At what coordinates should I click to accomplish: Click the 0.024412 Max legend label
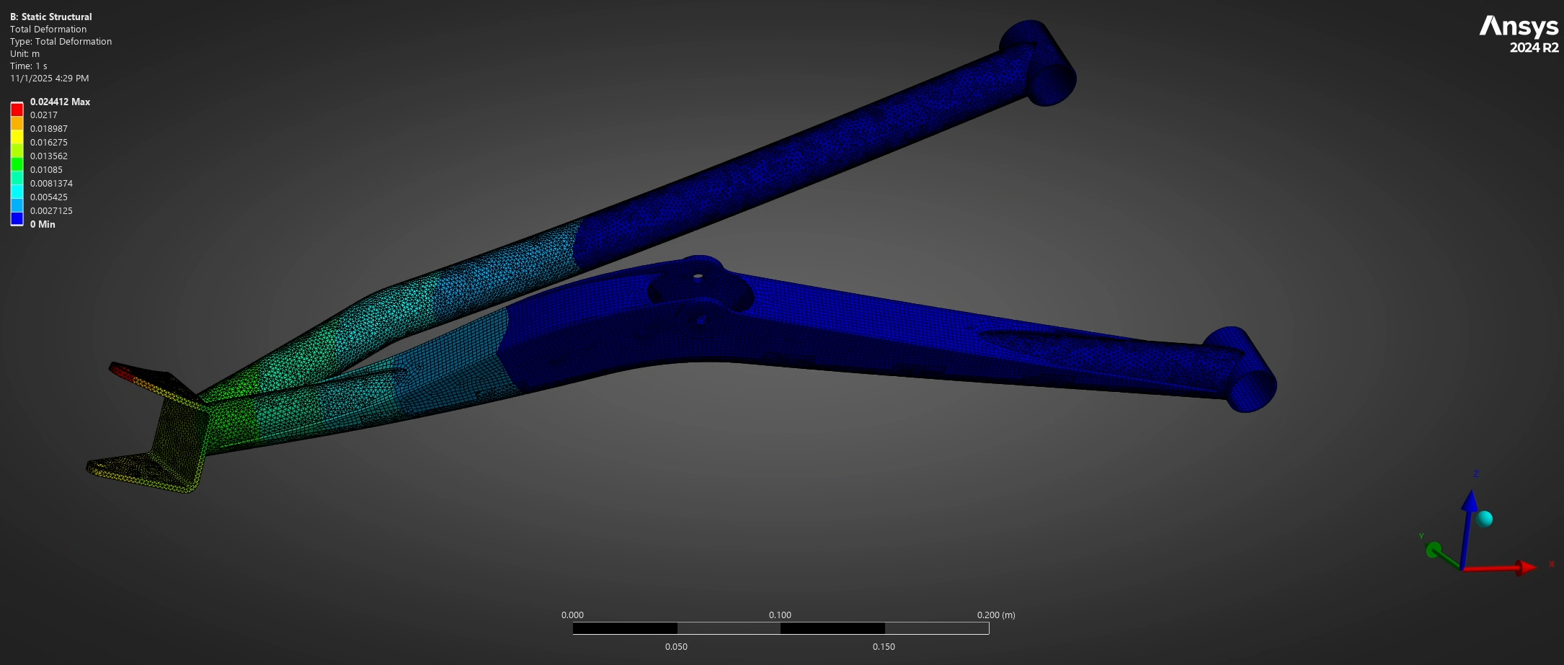click(x=60, y=102)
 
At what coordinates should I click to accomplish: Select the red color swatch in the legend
click(x=17, y=110)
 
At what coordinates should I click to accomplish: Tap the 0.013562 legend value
click(x=49, y=156)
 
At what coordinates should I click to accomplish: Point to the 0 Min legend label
click(x=43, y=224)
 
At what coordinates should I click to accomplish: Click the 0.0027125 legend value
click(x=51, y=210)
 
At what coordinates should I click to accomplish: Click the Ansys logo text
click(x=1519, y=27)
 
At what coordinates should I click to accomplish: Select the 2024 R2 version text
click(x=1534, y=48)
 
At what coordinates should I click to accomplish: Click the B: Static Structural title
click(x=51, y=17)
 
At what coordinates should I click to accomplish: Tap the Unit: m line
click(x=25, y=53)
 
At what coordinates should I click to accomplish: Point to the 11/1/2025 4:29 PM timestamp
click(x=50, y=78)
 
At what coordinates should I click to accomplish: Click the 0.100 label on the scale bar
click(x=780, y=615)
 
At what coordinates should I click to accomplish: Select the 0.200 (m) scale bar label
click(x=996, y=615)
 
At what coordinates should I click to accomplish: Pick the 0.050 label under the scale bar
click(x=676, y=646)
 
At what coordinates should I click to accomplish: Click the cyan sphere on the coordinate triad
click(x=1484, y=519)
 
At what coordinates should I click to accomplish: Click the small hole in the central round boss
click(x=698, y=276)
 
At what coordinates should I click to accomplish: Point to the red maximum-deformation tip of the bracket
click(x=123, y=371)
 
